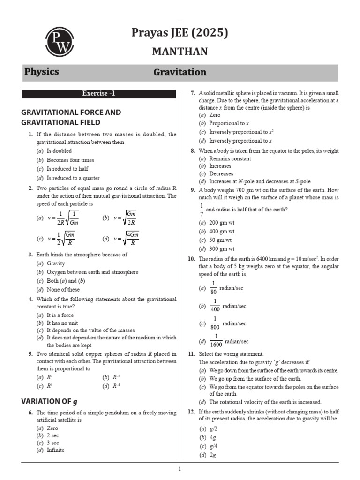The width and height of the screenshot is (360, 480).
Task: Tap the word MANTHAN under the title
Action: tap(180, 52)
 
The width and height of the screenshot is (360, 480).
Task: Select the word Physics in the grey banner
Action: tap(41, 72)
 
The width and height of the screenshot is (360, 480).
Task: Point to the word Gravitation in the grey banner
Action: tap(180, 72)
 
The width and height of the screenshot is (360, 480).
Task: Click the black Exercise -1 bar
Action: tap(98, 93)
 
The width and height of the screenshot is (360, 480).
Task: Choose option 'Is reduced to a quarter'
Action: tap(73, 178)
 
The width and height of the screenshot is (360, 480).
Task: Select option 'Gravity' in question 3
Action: tap(56, 263)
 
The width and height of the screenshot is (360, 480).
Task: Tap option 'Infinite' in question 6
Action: tap(56, 450)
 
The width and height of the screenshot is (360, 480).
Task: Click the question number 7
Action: tap(193, 93)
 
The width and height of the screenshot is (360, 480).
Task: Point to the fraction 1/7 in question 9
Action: tap(202, 210)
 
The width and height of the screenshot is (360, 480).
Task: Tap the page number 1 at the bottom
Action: tap(179, 469)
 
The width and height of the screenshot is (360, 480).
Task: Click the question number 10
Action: tap(191, 259)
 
